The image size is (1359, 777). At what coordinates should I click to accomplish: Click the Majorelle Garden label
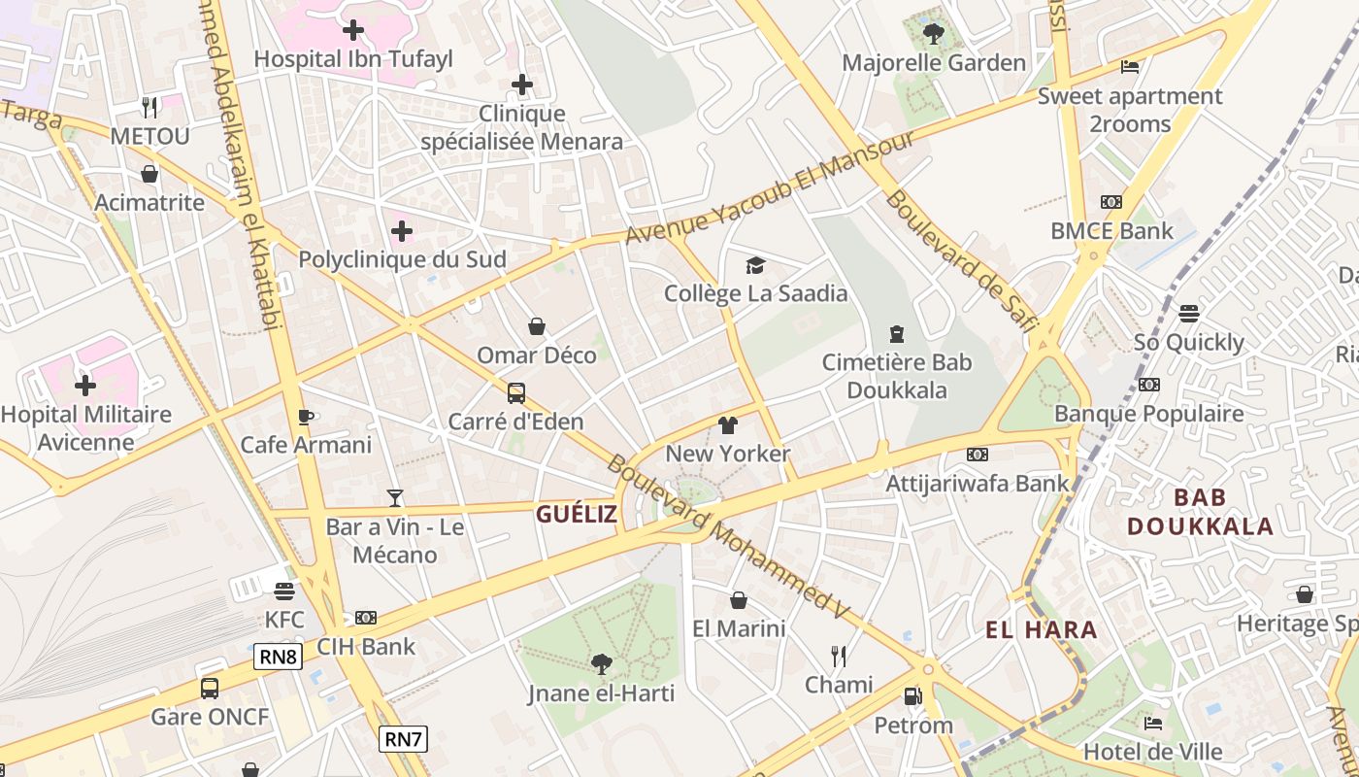(x=933, y=63)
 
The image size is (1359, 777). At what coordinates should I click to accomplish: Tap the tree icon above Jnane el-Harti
(x=601, y=664)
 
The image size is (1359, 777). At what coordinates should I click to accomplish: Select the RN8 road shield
(x=279, y=657)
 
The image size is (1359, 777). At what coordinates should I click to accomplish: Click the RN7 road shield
(x=403, y=739)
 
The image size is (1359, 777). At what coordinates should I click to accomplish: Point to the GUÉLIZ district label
(x=577, y=515)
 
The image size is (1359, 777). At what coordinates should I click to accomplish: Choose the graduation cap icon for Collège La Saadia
(x=755, y=265)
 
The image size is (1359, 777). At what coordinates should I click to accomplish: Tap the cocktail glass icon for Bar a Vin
(x=394, y=498)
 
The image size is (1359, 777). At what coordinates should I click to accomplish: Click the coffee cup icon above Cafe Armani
(x=306, y=417)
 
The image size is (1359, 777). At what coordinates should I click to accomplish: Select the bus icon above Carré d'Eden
(x=516, y=393)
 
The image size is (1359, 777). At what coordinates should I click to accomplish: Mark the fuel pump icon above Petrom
(x=912, y=695)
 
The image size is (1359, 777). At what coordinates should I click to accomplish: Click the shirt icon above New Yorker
(x=728, y=424)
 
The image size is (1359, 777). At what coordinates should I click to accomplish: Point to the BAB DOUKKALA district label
(x=1200, y=512)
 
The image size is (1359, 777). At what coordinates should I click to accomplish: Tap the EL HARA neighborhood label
(x=1041, y=629)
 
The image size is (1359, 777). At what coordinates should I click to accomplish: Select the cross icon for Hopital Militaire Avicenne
(x=85, y=386)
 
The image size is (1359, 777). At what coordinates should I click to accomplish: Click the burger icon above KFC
(x=284, y=591)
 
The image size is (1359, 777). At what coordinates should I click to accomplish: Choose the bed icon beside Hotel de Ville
(x=1152, y=723)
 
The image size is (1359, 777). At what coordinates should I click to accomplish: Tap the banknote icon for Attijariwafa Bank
(x=978, y=454)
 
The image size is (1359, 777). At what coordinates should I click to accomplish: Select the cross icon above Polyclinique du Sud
(x=402, y=231)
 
